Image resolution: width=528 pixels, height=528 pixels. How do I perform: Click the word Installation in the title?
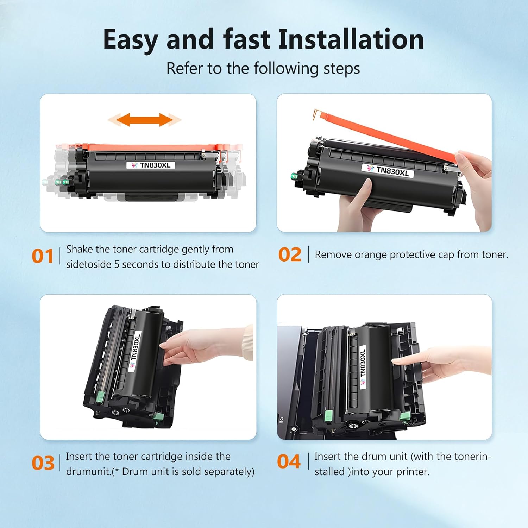tap(351, 39)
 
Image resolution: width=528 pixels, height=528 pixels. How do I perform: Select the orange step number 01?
tap(42, 256)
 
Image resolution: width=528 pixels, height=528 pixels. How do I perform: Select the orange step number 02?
tap(290, 254)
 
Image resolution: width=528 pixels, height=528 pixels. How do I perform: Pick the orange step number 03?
tap(43, 463)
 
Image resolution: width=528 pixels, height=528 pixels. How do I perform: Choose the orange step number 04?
tap(289, 461)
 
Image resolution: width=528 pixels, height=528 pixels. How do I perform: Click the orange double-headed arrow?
tap(144, 120)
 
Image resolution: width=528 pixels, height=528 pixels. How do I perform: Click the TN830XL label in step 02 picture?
tap(388, 171)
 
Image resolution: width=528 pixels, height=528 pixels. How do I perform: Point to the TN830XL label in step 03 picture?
tap(135, 350)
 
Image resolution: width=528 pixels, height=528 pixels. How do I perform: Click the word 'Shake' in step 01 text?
tap(80, 249)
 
